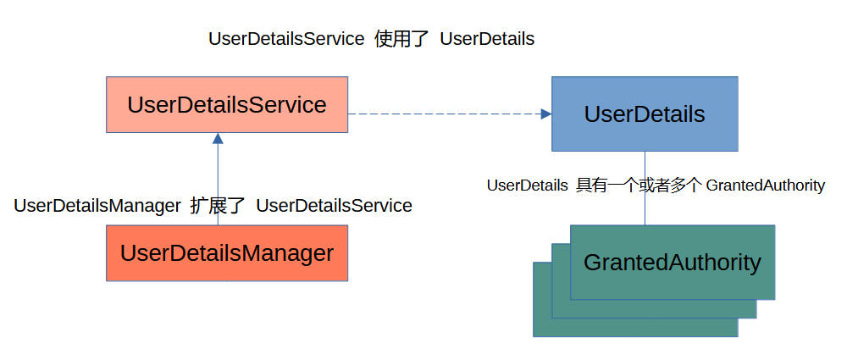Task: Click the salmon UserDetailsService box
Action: [227, 104]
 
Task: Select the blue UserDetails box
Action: [645, 114]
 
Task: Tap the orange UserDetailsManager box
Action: [227, 253]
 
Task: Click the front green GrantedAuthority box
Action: [673, 262]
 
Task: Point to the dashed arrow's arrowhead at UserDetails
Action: [546, 114]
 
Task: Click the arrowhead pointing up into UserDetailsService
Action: [218, 138]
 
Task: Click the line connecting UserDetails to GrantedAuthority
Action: [645, 188]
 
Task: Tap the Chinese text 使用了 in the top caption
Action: [401, 39]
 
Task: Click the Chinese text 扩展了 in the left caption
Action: [218, 206]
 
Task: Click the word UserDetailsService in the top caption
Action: [286, 39]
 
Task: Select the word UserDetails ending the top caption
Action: [487, 39]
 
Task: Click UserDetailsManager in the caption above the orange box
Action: [97, 206]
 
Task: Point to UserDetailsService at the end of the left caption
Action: [334, 206]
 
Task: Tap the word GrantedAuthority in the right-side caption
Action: [766, 186]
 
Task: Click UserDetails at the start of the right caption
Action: [527, 186]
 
